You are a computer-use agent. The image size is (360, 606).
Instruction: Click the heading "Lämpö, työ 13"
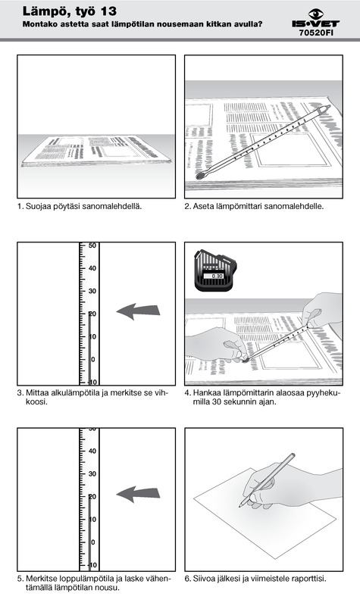pos(70,11)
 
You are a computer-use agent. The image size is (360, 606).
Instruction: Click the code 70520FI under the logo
pos(316,33)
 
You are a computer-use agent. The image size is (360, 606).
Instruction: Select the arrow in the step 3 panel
pos(138,311)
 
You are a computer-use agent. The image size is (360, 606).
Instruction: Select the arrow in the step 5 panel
pos(138,494)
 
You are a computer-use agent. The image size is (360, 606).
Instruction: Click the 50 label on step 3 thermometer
pos(92,245)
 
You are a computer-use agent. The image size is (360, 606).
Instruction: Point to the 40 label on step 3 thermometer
pos(92,268)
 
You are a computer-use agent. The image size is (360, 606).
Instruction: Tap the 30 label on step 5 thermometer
pos(92,474)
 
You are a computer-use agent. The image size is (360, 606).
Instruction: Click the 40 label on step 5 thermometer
pos(92,451)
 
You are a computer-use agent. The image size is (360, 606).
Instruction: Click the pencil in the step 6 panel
pos(267,480)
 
